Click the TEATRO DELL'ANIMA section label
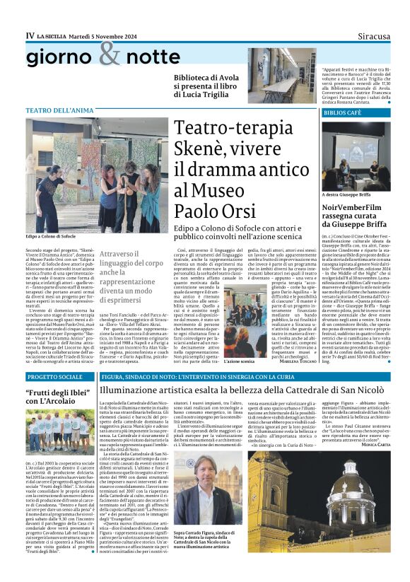pyautogui.click(x=59, y=110)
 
